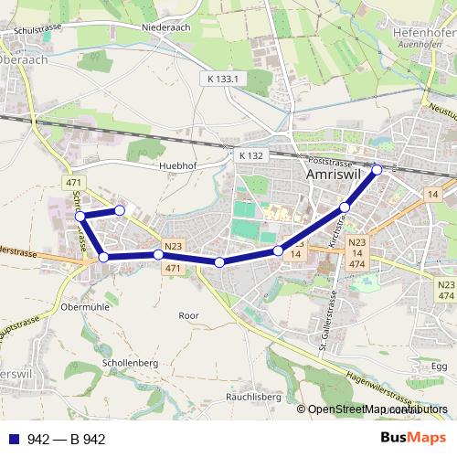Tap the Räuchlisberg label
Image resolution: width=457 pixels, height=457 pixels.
pos(251,397)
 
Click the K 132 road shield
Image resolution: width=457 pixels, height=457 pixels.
pos(250,155)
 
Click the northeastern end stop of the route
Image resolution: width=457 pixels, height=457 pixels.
pos(377,169)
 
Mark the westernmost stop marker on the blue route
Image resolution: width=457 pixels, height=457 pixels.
pos(80,217)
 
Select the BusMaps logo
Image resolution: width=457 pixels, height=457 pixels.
pos(413,439)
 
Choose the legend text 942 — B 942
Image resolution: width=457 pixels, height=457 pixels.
pos(67,440)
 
